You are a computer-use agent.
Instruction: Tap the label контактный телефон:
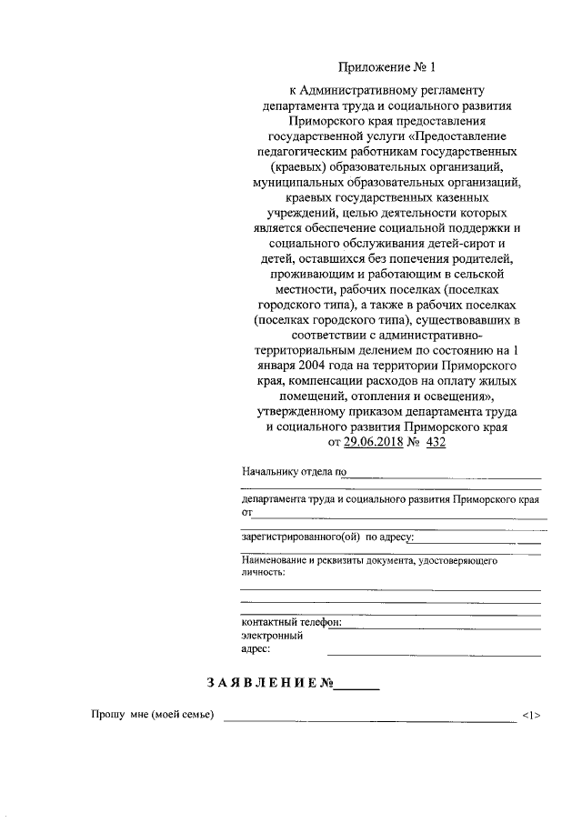[x=291, y=622]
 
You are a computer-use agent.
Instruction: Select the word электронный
[x=272, y=636]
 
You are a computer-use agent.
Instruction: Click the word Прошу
[x=106, y=716]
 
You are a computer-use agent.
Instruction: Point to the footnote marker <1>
[x=532, y=716]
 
